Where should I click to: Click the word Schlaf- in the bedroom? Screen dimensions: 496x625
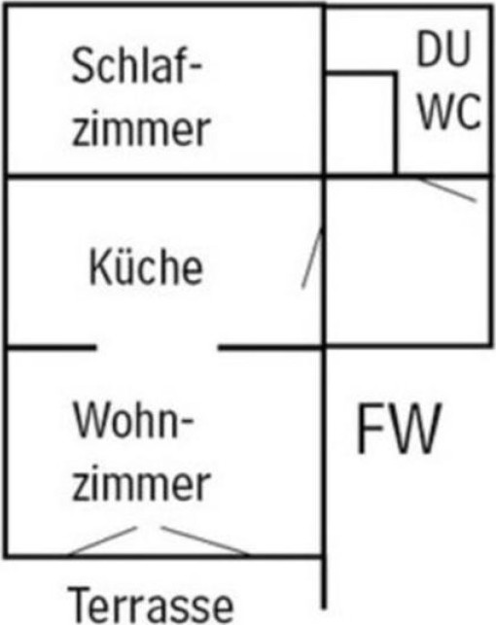136,65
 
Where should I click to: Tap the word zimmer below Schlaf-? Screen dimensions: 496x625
141,128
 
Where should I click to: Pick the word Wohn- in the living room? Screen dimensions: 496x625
133,420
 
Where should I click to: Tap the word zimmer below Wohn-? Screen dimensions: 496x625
141,483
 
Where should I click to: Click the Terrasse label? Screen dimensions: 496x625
150,606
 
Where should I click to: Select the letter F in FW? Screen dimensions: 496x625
370,429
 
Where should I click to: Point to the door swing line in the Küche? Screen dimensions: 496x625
312,258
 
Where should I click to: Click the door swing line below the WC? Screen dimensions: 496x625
447,190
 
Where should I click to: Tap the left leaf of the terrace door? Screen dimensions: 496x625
103,540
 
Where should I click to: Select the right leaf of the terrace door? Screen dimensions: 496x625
205,540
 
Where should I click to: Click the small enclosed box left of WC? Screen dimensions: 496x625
361,123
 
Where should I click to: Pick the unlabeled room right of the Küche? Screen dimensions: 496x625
407,261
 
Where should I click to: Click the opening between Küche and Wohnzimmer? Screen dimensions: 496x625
158,348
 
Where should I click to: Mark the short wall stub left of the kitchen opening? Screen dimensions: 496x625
51,348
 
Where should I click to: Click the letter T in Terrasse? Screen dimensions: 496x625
82,606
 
